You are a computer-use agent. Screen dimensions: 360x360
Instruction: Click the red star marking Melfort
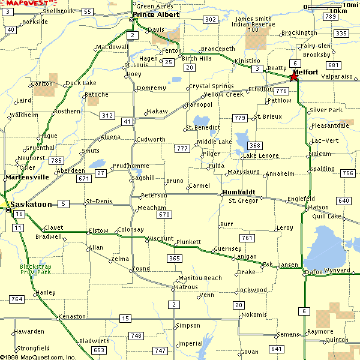293,76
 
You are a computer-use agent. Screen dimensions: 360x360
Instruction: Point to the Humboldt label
239,193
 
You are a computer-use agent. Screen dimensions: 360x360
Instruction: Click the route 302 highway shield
211,20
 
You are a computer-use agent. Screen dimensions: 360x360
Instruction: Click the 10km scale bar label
337,11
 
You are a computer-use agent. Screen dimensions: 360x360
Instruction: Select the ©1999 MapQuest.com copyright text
38,356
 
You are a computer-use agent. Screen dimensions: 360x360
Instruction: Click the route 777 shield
182,148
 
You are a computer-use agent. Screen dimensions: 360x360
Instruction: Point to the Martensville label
27,178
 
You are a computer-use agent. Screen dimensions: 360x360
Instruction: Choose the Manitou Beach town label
200,278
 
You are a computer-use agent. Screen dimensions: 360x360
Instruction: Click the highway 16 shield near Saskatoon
19,214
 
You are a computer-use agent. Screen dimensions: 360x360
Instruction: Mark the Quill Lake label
326,216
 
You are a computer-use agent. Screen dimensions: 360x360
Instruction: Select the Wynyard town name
337,271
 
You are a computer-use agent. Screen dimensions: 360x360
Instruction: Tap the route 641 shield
277,349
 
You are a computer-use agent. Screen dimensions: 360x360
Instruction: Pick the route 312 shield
107,115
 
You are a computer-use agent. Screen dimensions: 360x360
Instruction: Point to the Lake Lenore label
260,156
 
